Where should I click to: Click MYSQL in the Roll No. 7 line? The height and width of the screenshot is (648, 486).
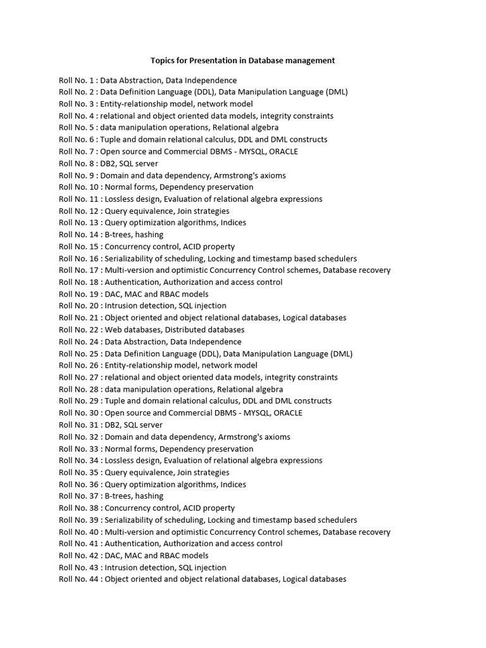253,151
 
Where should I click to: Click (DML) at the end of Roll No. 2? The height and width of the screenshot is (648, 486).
337,92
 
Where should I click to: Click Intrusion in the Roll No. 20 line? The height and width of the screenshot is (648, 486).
121,306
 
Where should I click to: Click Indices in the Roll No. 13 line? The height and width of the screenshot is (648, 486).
233,223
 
